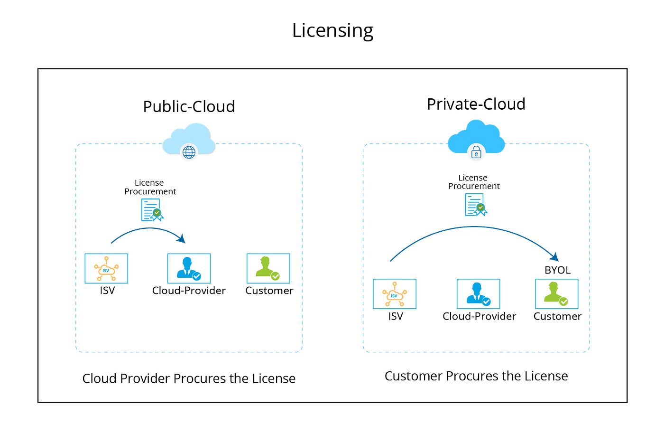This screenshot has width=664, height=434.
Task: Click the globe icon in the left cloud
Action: click(189, 152)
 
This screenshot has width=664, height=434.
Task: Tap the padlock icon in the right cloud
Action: click(476, 153)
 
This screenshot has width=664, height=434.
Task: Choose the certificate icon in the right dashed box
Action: click(476, 204)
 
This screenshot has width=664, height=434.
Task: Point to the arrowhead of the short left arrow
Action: click(182, 239)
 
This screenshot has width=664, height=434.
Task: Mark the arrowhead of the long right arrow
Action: click(555, 257)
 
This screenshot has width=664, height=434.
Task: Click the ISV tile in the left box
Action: click(106, 269)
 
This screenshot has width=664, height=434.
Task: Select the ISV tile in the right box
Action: click(394, 294)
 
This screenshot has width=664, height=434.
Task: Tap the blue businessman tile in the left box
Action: click(189, 269)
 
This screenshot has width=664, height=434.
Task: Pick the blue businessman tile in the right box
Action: click(478, 294)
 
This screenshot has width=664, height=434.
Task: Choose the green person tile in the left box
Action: click(268, 269)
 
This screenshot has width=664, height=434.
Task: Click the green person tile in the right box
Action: click(556, 294)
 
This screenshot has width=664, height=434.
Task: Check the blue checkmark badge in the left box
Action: click(196, 276)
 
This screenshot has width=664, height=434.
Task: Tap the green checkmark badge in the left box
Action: click(275, 276)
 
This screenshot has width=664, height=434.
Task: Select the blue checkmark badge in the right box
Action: click(486, 302)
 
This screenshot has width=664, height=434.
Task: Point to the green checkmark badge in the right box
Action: click(563, 302)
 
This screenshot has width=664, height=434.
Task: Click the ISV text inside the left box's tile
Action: click(106, 271)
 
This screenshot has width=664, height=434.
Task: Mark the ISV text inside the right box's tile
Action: click(394, 296)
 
